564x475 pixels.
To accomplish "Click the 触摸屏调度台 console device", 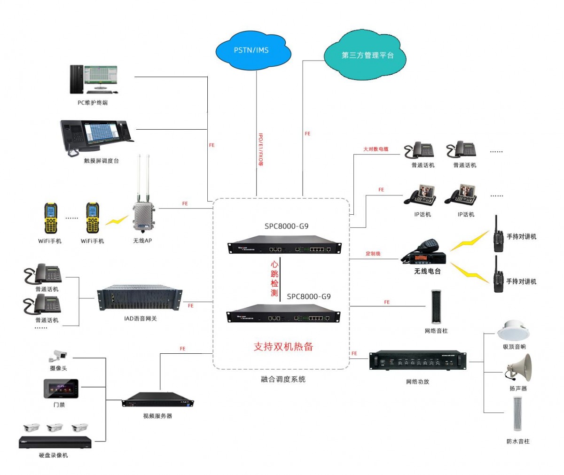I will [x=97, y=137].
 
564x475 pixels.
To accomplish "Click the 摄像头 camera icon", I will [x=58, y=355].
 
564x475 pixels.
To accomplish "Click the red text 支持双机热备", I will [x=283, y=347].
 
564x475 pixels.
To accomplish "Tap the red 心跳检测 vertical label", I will [x=274, y=279].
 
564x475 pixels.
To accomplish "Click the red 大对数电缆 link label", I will [x=376, y=149].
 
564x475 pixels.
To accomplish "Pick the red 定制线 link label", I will [x=373, y=254].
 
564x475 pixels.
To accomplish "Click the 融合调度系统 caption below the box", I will [x=283, y=379].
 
